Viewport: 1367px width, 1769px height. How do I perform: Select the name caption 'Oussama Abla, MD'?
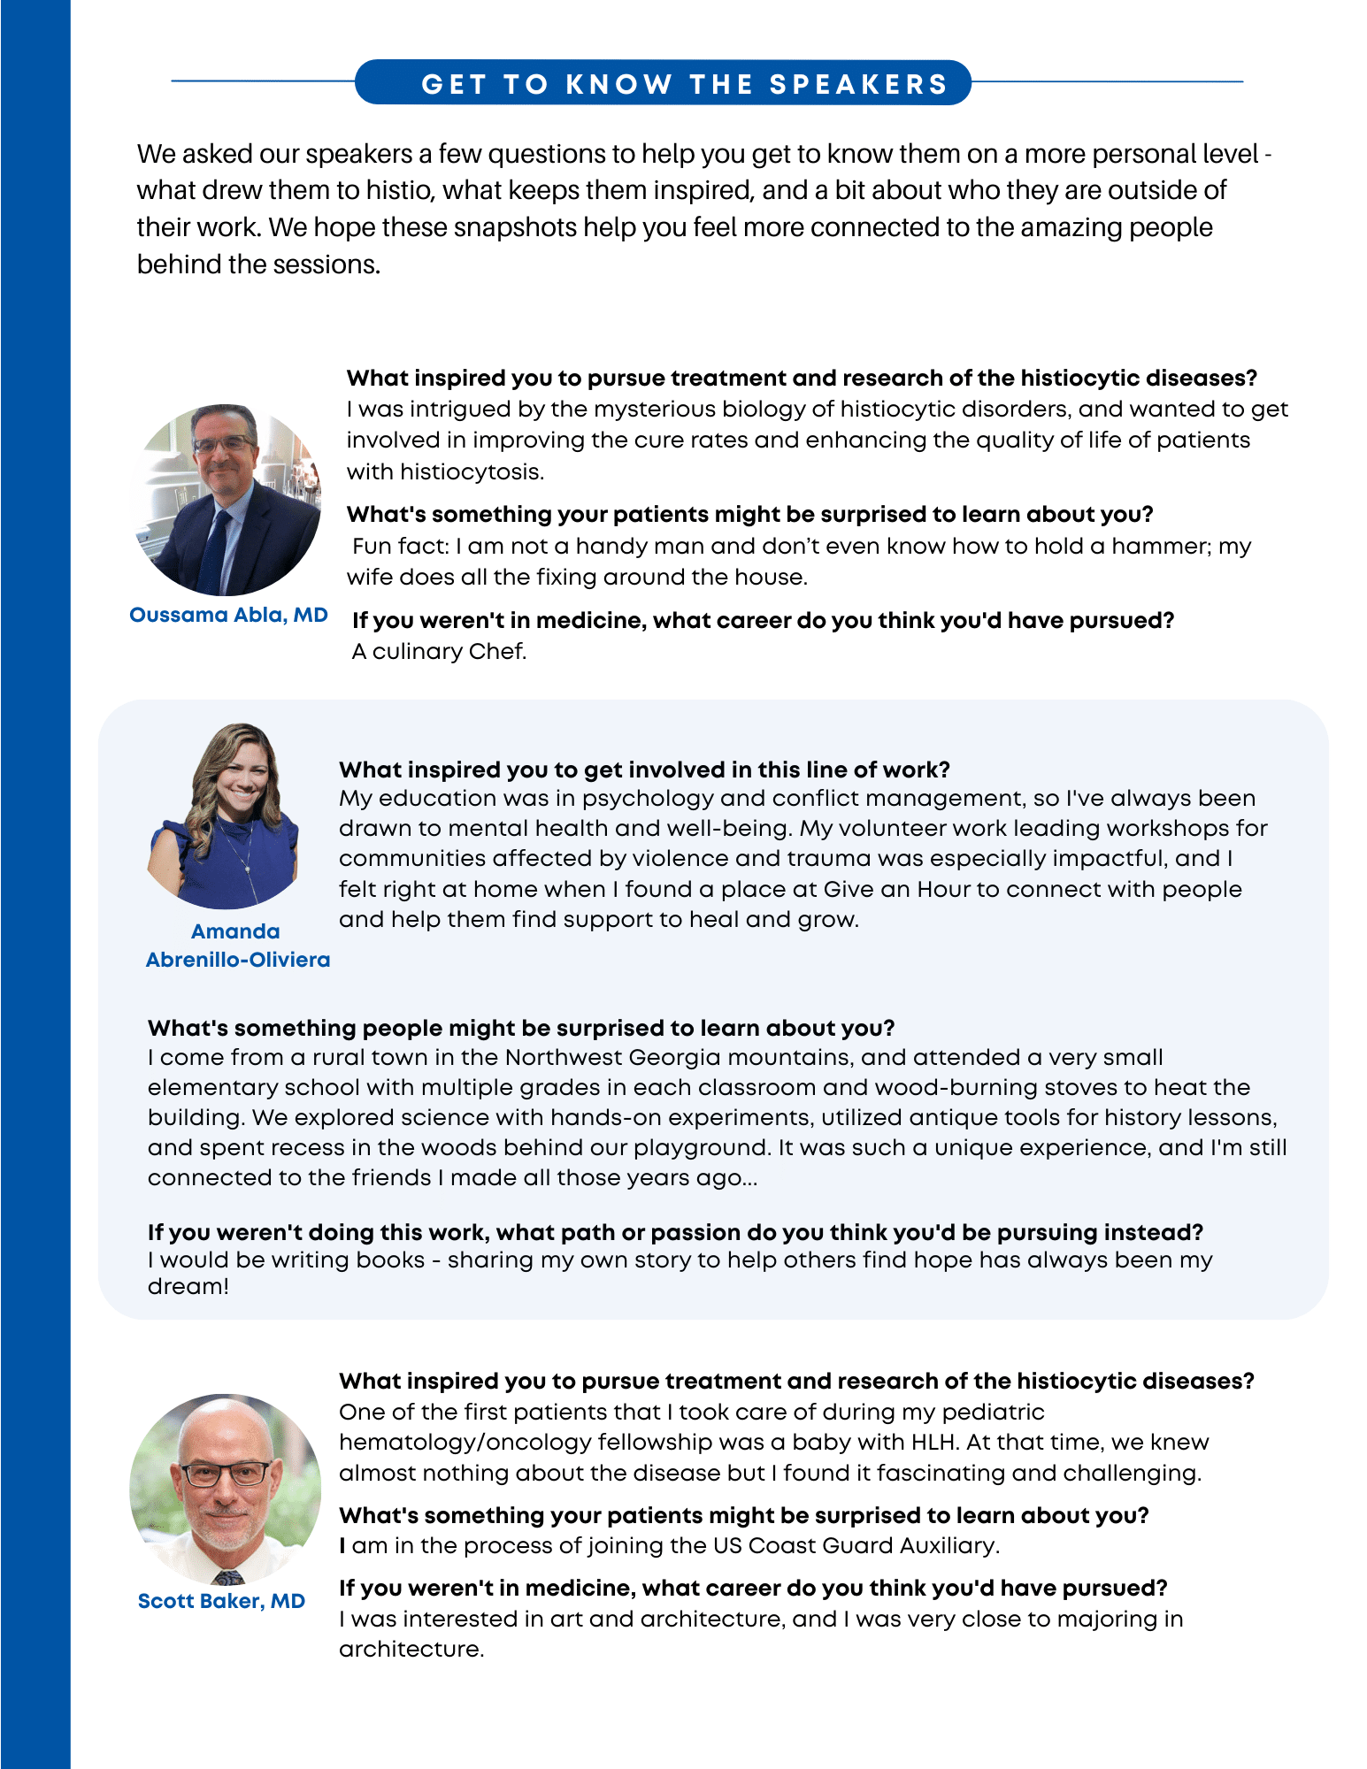pos(228,615)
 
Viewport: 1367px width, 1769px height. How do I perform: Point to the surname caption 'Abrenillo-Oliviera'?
pos(237,960)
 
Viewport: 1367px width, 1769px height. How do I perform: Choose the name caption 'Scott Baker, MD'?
pos(221,1601)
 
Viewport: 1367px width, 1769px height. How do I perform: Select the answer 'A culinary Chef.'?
pos(439,652)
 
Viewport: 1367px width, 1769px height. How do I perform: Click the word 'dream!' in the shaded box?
pos(188,1286)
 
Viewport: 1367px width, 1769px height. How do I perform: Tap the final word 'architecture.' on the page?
pos(411,1649)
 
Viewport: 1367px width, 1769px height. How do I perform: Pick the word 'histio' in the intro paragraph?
pos(408,190)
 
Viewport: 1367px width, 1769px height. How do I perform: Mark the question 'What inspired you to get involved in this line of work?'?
pos(644,770)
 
